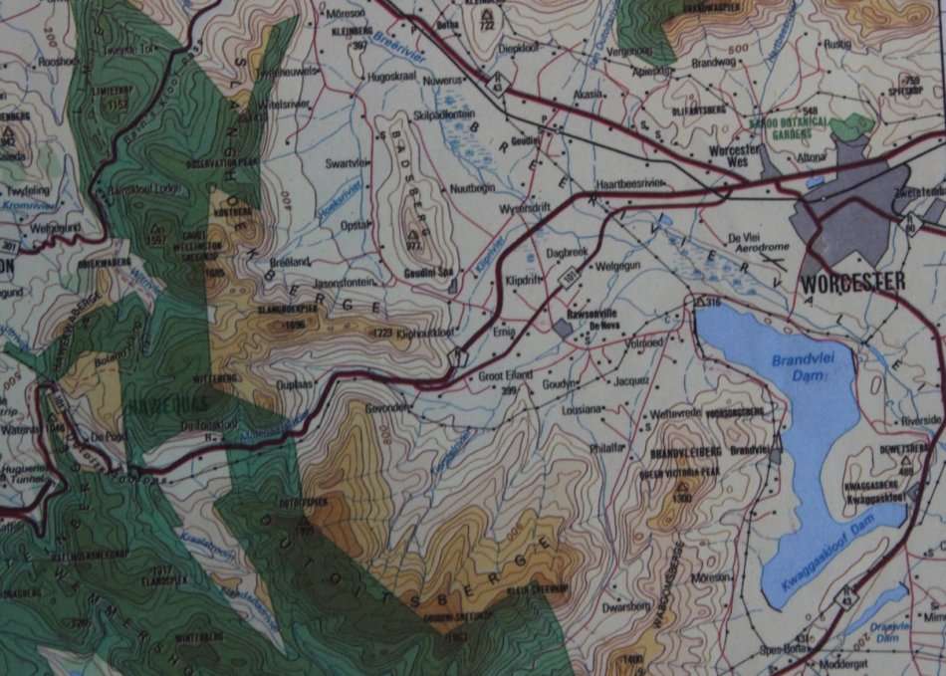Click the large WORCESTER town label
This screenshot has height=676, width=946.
click(853, 282)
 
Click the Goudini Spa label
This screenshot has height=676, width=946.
click(426, 273)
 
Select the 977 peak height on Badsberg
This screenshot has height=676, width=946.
click(412, 246)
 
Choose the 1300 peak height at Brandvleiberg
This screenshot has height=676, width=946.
click(682, 497)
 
